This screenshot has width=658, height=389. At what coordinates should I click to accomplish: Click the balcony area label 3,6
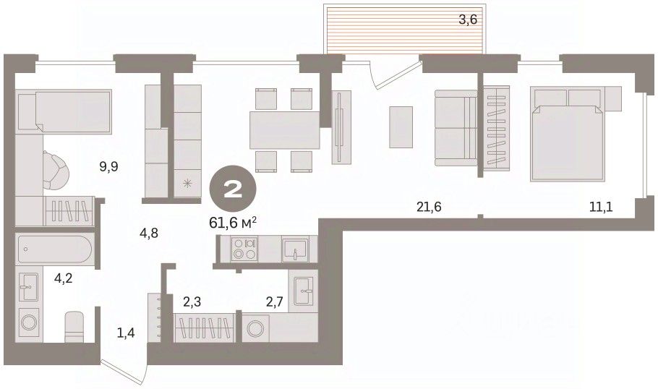coord(468,20)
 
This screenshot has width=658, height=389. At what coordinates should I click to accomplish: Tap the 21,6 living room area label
coord(429,207)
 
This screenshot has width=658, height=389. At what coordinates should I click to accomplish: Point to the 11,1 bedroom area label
coord(601,207)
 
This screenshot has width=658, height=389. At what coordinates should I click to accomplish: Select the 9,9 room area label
coord(108,167)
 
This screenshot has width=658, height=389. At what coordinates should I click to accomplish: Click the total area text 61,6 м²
coord(233,223)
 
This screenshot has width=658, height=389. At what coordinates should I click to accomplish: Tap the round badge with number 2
coord(233,192)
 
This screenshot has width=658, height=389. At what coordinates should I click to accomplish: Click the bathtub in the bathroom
coord(54,249)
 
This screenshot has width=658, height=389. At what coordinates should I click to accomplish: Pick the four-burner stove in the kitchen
coord(244,249)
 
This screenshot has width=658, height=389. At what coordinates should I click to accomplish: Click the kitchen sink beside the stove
coord(296,249)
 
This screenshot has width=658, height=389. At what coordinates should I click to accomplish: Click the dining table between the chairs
coord(285,129)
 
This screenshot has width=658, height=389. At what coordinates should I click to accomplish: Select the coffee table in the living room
coord(401,127)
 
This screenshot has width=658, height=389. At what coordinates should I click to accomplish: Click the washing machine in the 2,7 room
coord(255,328)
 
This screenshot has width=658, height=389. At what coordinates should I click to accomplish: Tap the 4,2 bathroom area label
coord(64,278)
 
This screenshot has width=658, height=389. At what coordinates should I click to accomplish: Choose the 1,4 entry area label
coord(126,333)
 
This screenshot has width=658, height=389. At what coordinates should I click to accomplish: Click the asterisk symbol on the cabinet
coord(187,183)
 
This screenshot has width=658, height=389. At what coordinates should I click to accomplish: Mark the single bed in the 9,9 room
coord(64,111)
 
